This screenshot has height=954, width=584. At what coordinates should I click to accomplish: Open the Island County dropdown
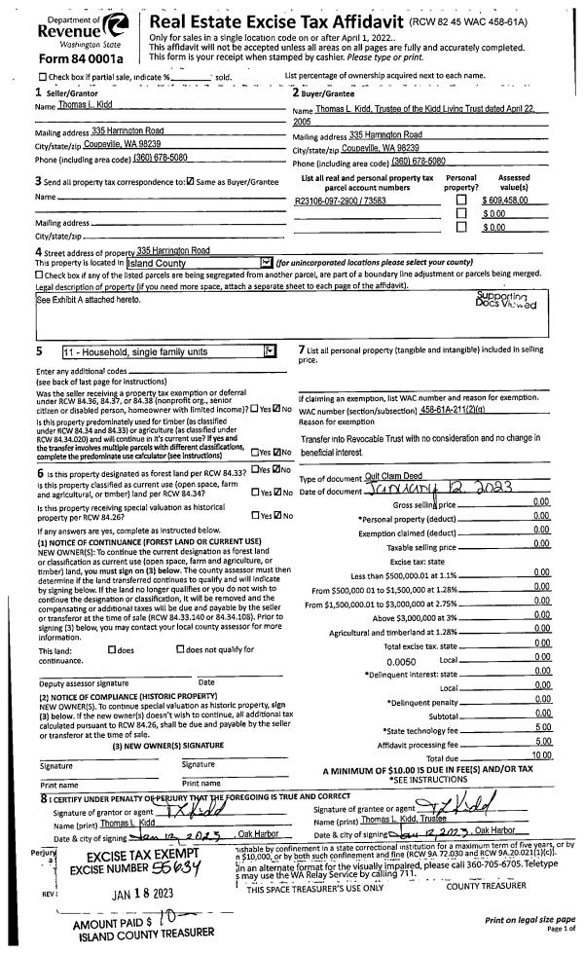[266, 262]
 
